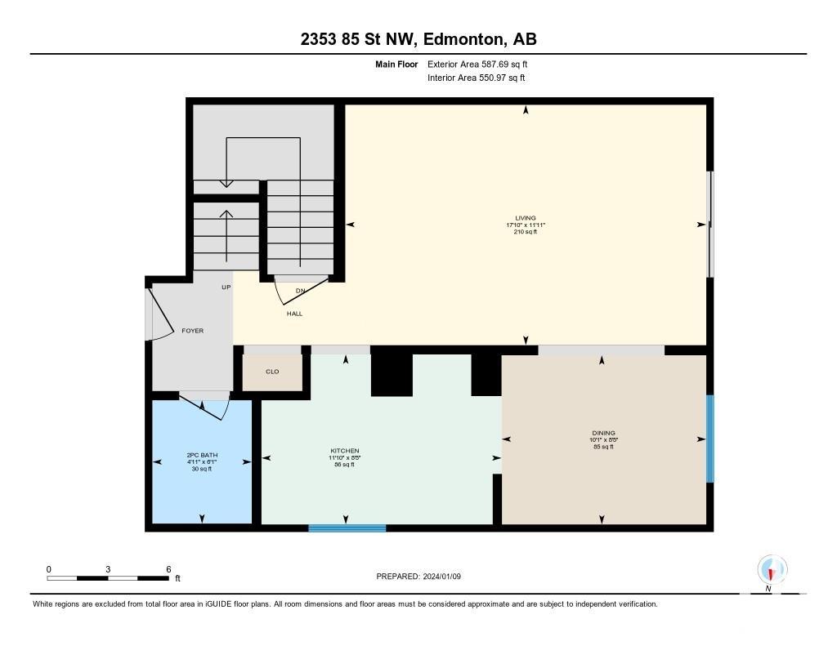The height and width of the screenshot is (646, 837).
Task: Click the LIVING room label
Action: pyautogui.click(x=526, y=217)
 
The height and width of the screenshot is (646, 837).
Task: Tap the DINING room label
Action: pyautogui.click(x=603, y=433)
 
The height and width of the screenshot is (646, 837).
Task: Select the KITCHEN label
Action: pyautogui.click(x=345, y=451)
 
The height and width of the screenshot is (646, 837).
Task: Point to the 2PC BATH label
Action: pyautogui.click(x=203, y=455)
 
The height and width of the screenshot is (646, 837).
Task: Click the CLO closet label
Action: pyautogui.click(x=272, y=372)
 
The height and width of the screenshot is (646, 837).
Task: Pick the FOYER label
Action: pyautogui.click(x=193, y=331)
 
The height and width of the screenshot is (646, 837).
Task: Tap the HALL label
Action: pyautogui.click(x=294, y=314)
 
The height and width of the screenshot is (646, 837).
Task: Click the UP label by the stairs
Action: pyautogui.click(x=226, y=287)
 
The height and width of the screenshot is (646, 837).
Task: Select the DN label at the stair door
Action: pyautogui.click(x=301, y=291)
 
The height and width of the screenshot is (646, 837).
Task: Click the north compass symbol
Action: pyautogui.click(x=772, y=570)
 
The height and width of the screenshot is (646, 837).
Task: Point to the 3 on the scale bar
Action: pyautogui.click(x=108, y=569)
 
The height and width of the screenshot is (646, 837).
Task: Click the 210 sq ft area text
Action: pyautogui.click(x=526, y=232)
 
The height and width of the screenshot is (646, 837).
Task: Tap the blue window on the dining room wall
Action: pyautogui.click(x=710, y=439)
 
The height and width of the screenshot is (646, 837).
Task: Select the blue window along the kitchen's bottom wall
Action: pyautogui.click(x=347, y=528)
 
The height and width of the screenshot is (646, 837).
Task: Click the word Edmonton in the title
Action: pyautogui.click(x=464, y=39)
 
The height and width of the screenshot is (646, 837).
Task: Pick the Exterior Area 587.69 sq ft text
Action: pyautogui.click(x=477, y=64)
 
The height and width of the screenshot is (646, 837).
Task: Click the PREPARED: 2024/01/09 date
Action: pyautogui.click(x=418, y=576)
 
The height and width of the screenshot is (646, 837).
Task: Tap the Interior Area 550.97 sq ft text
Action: pyautogui.click(x=477, y=78)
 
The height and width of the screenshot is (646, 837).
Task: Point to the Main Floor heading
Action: pyautogui.click(x=396, y=65)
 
